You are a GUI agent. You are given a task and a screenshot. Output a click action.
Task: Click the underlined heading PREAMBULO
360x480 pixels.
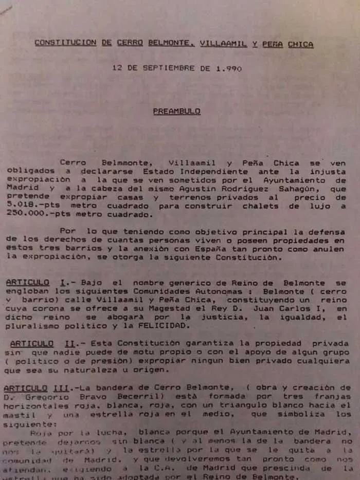pos(176,111)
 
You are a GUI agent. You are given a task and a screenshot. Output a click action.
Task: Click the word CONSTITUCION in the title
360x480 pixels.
pos(65,43)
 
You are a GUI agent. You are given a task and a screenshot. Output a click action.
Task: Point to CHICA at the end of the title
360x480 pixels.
pos(300,44)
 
